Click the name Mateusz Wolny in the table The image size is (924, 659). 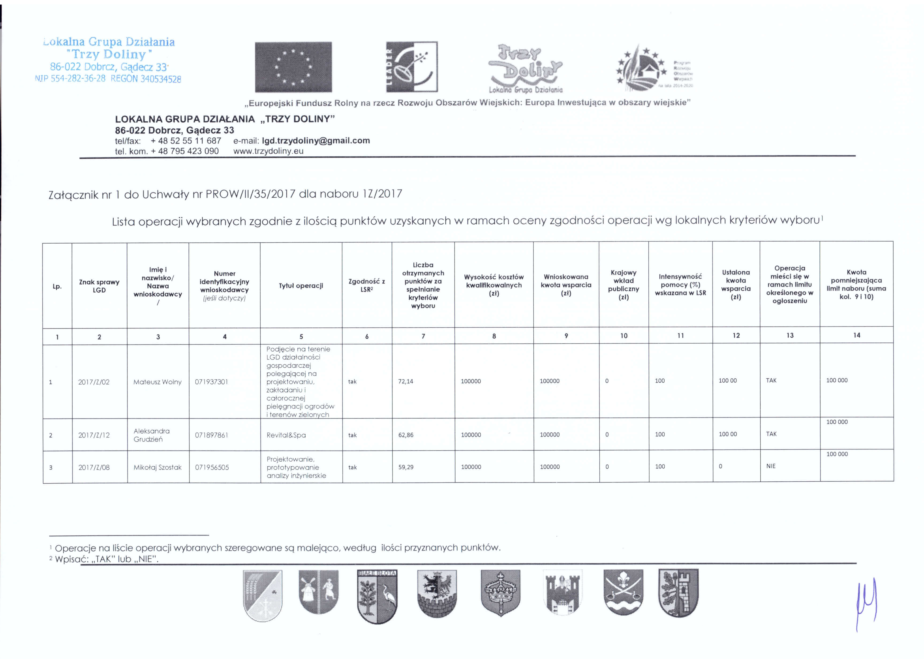pos(157,382)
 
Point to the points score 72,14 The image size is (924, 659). pos(406,381)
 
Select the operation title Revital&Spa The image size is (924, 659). pos(286,435)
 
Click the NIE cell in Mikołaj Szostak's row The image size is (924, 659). pos(771,466)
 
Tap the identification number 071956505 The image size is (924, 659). pos(212,467)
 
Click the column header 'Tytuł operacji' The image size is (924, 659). pos(301,286)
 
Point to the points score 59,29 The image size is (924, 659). pos(406,467)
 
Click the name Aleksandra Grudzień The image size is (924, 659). pos(152,435)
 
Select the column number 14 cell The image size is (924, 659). pos(856,335)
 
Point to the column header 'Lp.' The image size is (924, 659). pos(57,286)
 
